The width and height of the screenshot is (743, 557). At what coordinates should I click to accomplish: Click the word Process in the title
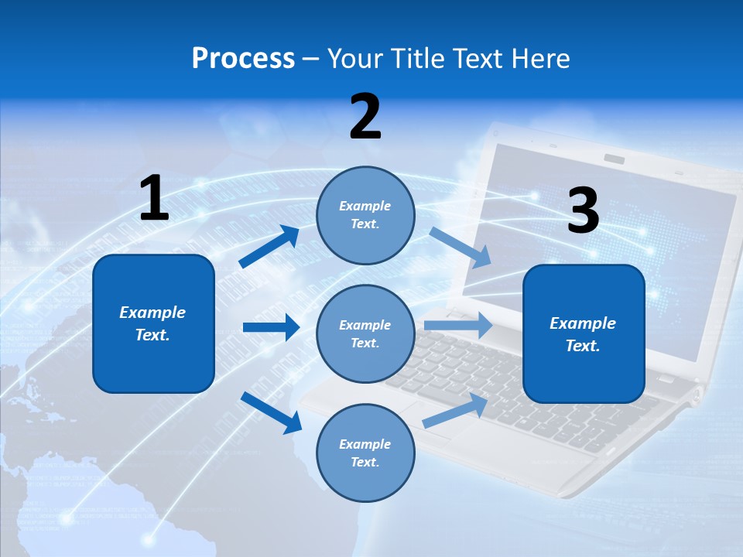pyautogui.click(x=243, y=59)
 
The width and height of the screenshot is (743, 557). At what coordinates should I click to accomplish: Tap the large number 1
pyautogui.click(x=154, y=199)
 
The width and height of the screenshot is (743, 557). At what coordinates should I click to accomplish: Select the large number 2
pyautogui.click(x=365, y=117)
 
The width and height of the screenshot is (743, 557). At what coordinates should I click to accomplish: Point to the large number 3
pyautogui.click(x=583, y=211)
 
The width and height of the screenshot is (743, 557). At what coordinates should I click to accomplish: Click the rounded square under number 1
pyautogui.click(x=153, y=323)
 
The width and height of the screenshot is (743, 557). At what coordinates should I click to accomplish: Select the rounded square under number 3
pyautogui.click(x=584, y=333)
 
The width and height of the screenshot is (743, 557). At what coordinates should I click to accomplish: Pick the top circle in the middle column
pyautogui.click(x=365, y=214)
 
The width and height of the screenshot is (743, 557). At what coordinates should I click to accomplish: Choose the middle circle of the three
pyautogui.click(x=365, y=333)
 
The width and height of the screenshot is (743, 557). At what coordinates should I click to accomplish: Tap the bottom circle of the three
pyautogui.click(x=365, y=453)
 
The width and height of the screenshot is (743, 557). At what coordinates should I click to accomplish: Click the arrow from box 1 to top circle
pyautogui.click(x=269, y=246)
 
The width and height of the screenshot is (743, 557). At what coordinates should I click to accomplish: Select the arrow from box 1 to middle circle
pyautogui.click(x=271, y=327)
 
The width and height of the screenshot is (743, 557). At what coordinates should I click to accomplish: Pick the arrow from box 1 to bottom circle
pyautogui.click(x=271, y=412)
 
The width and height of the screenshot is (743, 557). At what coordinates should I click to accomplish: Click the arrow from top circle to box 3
pyautogui.click(x=460, y=248)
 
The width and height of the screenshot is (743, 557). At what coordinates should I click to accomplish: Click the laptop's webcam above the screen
pyautogui.click(x=615, y=159)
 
